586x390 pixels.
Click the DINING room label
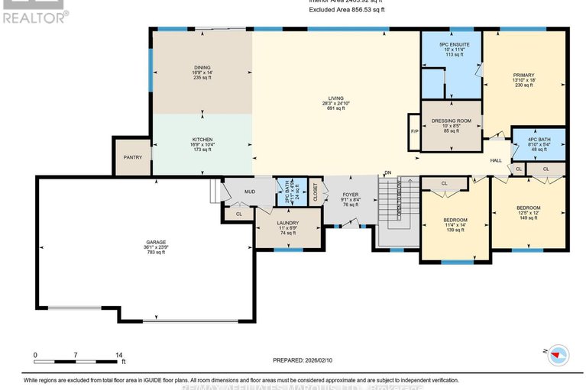tap(202, 68)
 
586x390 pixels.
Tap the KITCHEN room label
tap(202, 140)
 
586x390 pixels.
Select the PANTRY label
tap(133, 157)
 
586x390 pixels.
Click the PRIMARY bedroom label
tap(523, 76)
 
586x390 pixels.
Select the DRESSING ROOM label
tap(451, 121)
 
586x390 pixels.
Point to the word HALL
tap(495, 160)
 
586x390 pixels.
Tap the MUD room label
tap(249, 191)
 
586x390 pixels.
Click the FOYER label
tap(350, 195)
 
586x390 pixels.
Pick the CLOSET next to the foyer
tap(316, 195)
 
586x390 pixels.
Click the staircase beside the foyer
tap(396, 201)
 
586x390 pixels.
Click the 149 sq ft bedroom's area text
tap(529, 218)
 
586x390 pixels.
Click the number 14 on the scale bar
tap(118, 355)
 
